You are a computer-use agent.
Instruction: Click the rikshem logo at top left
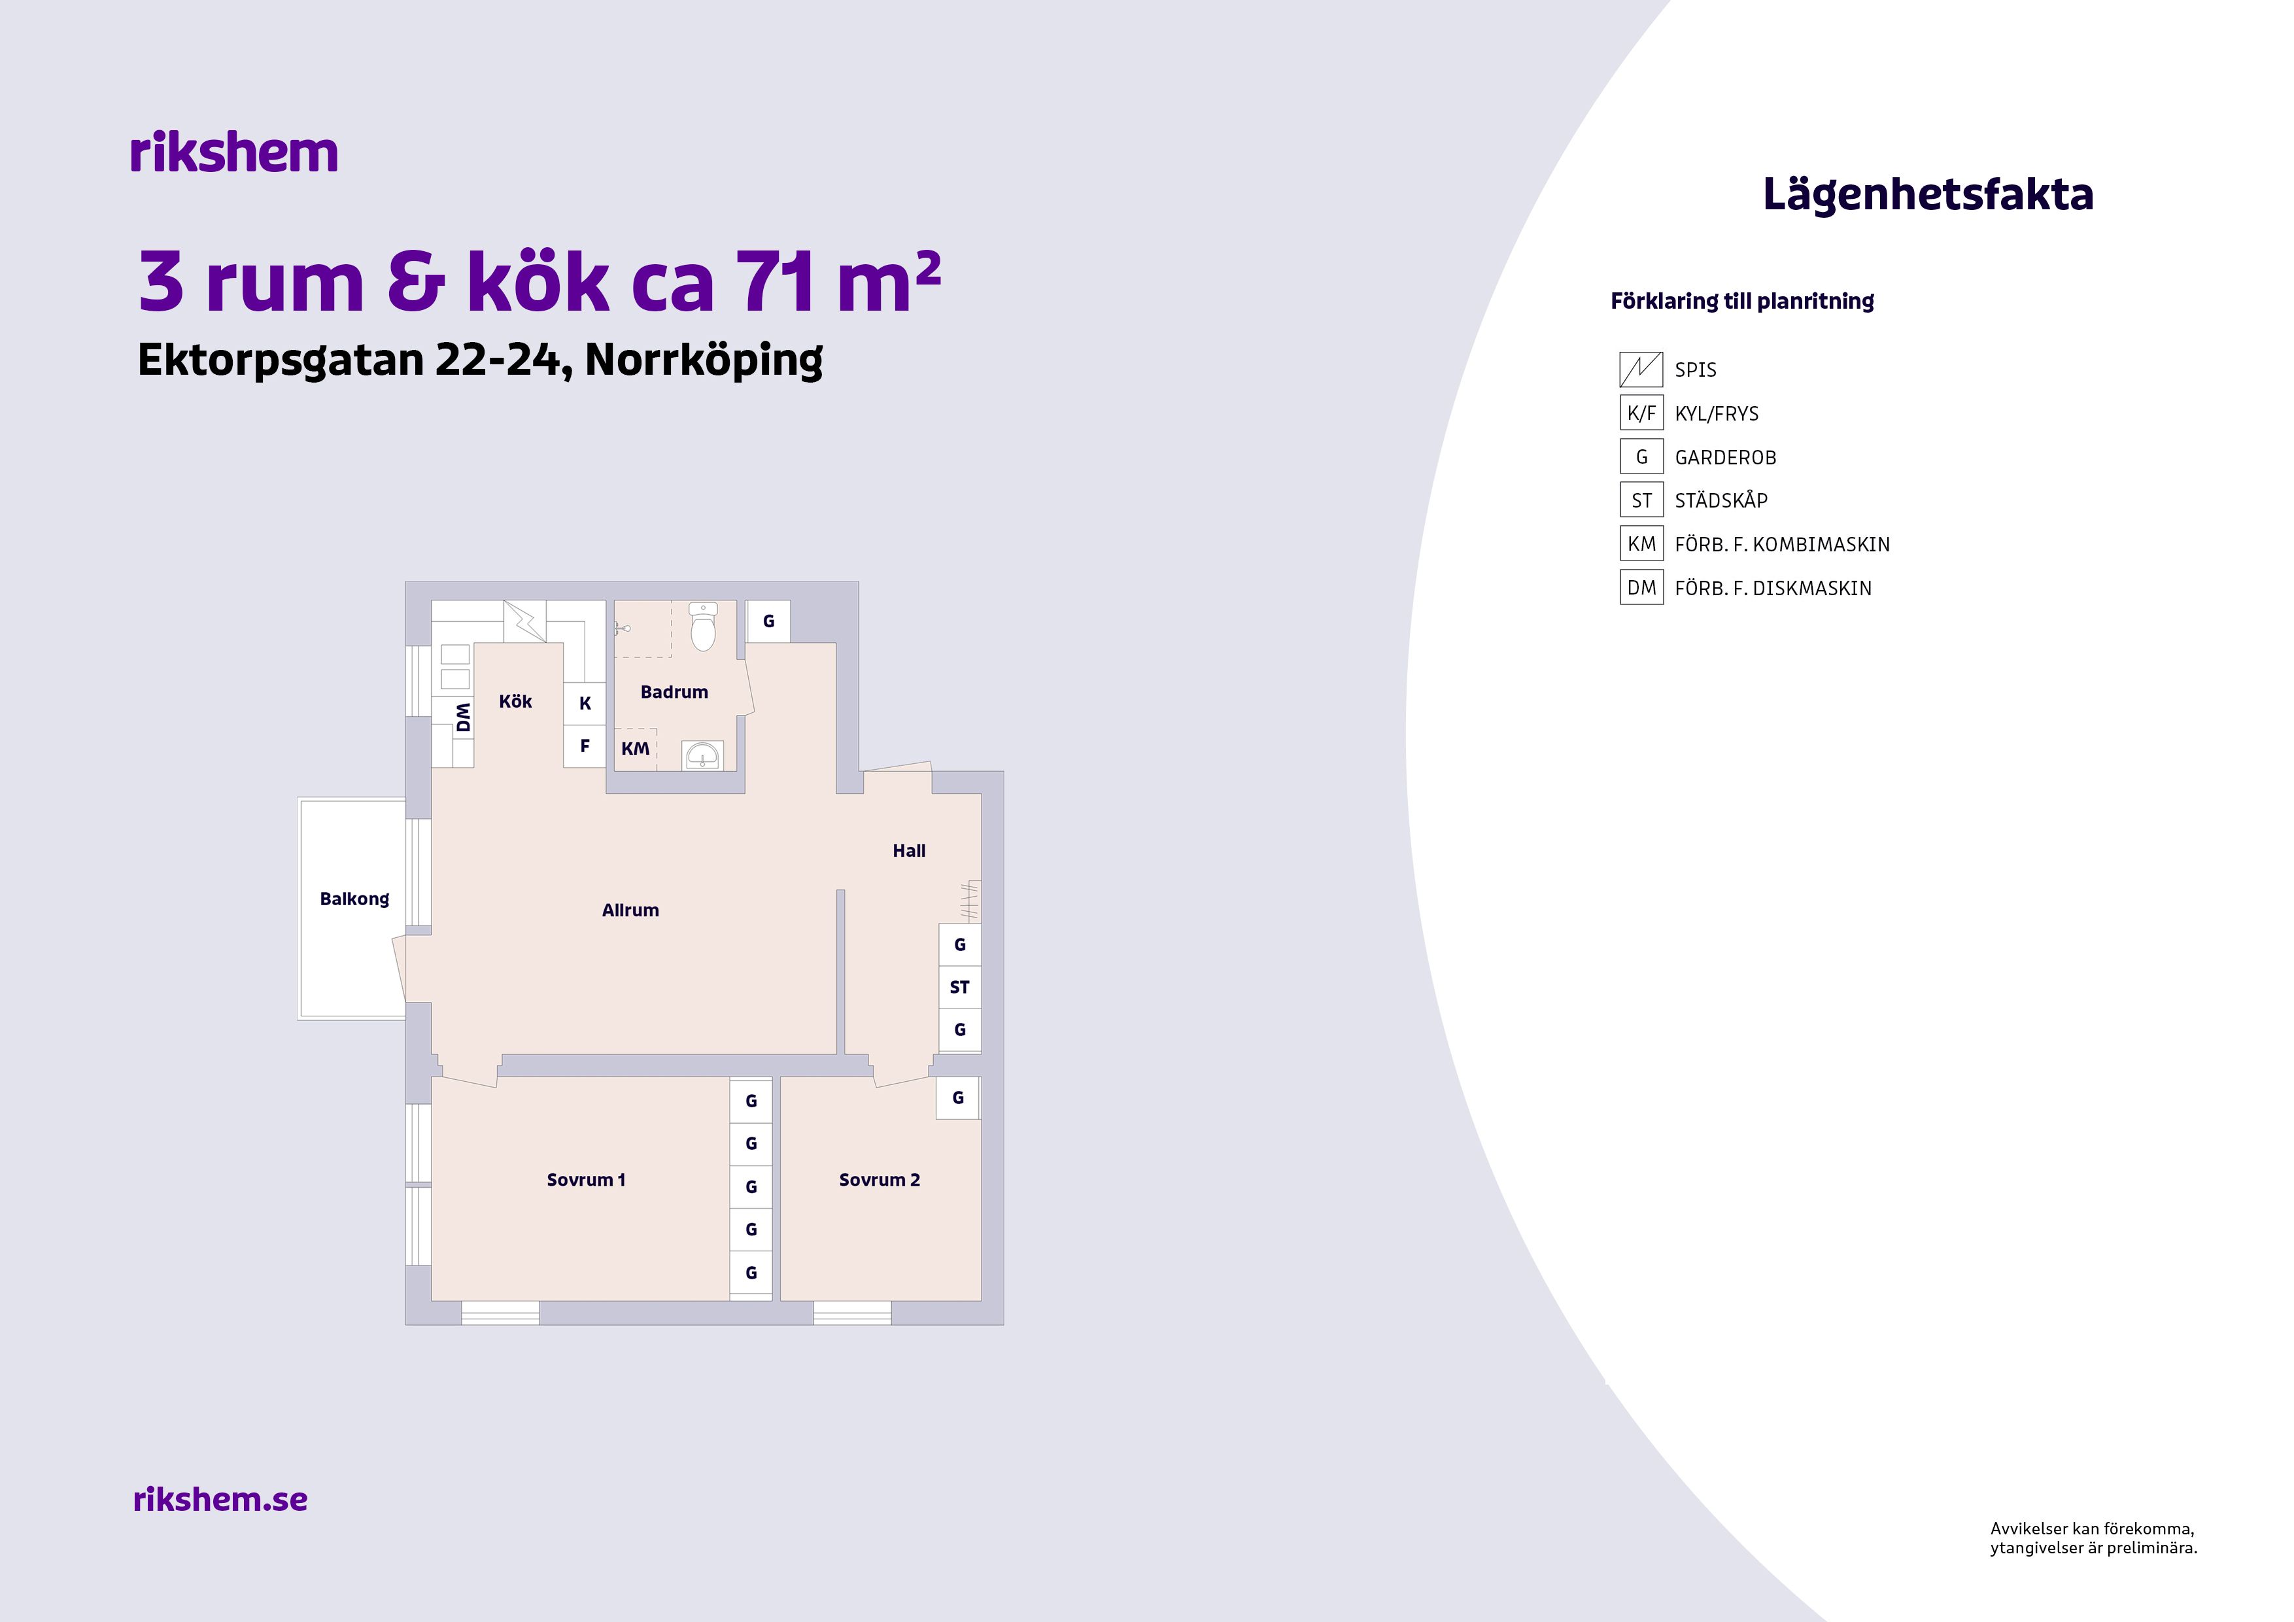234,153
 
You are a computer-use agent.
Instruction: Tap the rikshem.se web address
220,1499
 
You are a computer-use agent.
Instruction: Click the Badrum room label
674,691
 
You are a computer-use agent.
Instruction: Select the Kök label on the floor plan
515,702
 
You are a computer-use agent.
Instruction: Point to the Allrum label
630,910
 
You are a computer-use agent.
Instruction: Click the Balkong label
354,899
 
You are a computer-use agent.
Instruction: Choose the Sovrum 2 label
880,1179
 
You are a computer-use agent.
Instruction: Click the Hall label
909,850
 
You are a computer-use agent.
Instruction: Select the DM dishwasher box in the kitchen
462,717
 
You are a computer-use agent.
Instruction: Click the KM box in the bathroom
636,748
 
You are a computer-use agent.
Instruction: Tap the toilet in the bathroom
704,627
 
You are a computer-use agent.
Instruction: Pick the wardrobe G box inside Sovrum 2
958,1097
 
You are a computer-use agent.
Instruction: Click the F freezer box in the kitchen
585,746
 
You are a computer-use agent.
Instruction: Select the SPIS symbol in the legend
1641,370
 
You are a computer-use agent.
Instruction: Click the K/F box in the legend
1641,413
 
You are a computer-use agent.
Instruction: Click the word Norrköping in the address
704,360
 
